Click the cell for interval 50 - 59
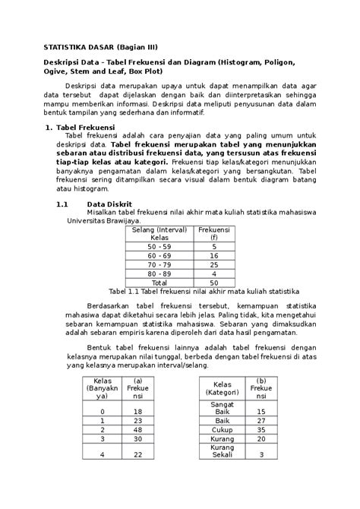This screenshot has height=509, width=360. tap(160, 247)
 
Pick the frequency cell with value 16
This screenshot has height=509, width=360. tap(214, 257)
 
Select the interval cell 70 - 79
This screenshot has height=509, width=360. tap(160, 265)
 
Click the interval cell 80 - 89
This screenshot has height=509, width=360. tap(160, 273)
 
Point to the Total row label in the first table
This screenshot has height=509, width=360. tap(160, 283)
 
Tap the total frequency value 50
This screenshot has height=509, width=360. tap(214, 283)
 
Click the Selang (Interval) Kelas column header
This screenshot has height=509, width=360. tap(160, 233)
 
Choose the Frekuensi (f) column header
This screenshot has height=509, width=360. tap(214, 233)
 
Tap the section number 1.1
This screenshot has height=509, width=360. tap(62, 204)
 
